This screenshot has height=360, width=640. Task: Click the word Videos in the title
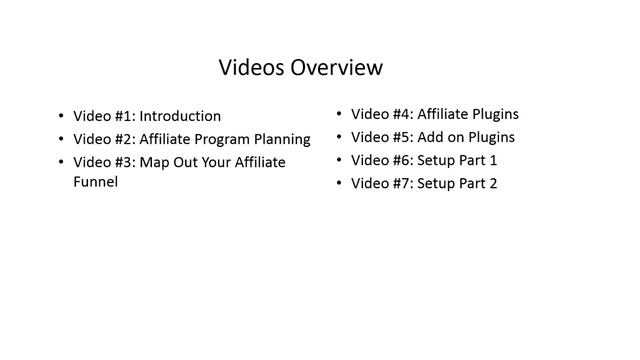click(252, 68)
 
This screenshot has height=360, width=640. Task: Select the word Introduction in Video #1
click(181, 116)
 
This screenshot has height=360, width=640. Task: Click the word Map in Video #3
click(153, 162)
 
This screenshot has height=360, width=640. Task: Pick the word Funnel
click(96, 183)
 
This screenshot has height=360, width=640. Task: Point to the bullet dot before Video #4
click(339, 115)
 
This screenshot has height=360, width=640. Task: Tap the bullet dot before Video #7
click(339, 184)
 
